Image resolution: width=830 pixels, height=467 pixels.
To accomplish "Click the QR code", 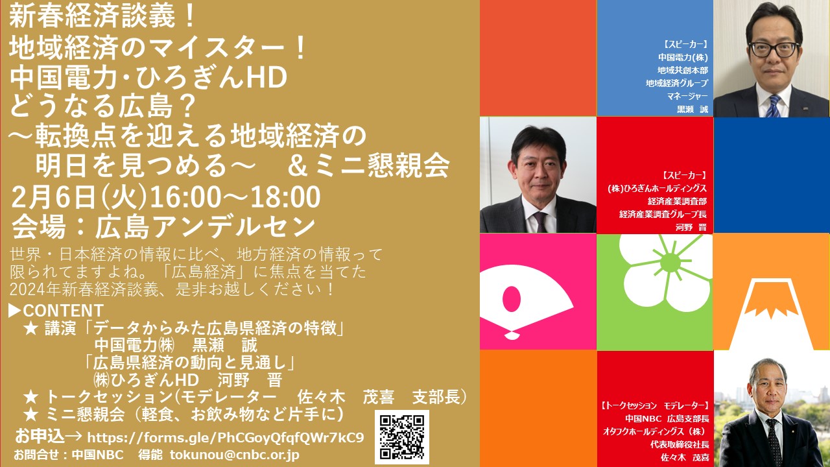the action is (x=401, y=437).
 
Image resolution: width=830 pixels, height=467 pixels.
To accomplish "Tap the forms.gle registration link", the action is (x=225, y=438).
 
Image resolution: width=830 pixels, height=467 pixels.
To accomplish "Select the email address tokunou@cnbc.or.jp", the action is (x=235, y=455).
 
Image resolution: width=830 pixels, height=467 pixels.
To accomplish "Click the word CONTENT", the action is (x=64, y=311).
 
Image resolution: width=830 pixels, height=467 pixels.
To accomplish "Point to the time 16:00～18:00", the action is (x=235, y=197).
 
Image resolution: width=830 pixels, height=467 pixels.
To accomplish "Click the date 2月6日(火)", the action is (x=79, y=197).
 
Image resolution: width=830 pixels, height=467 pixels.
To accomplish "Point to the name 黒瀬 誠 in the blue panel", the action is (x=692, y=110).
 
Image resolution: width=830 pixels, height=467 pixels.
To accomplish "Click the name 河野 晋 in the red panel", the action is (x=691, y=227).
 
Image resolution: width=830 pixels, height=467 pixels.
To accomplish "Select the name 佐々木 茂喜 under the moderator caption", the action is (x=685, y=457).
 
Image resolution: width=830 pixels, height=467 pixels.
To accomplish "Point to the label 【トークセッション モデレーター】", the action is (x=655, y=405).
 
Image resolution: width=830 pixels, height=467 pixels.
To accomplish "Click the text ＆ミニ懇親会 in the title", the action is (x=368, y=165).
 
